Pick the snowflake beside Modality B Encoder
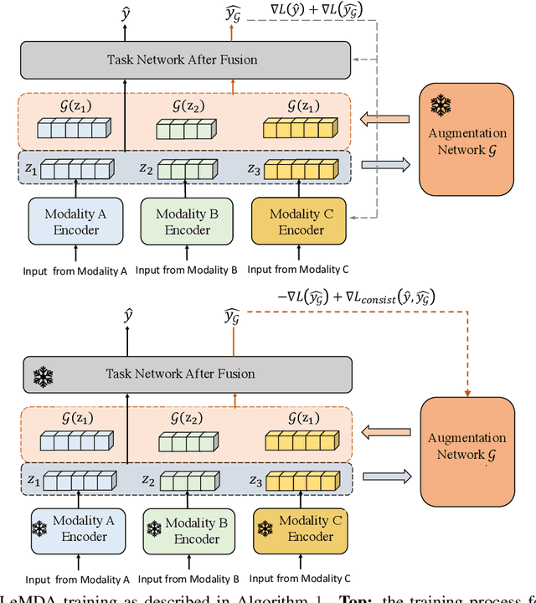pyautogui.click(x=155, y=529)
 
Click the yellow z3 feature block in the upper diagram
pyautogui.click(x=296, y=168)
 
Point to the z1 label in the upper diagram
pyautogui.click(x=32, y=168)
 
